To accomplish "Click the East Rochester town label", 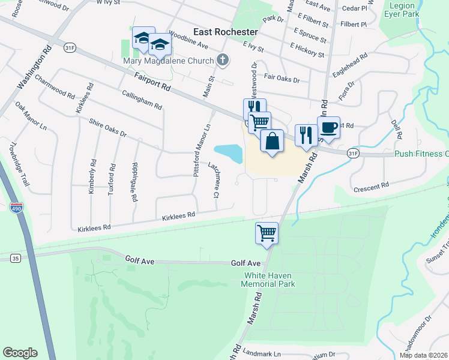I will click(226, 32).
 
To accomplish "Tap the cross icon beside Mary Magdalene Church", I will click(223, 59).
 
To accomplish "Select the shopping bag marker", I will click(272, 142).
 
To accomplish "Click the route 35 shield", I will click(16, 258).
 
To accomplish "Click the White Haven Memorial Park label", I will click(270, 280).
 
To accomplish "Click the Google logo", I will click(20, 353).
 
